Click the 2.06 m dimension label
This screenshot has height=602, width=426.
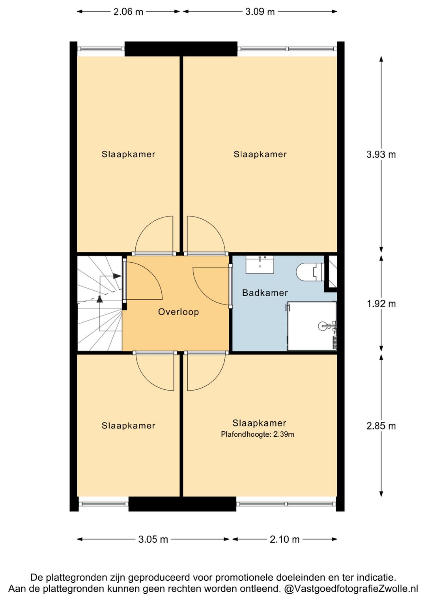[128, 12]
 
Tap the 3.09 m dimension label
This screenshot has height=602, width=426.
[260, 12]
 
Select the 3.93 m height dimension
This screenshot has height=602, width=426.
[381, 154]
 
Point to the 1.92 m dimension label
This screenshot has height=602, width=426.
[381, 304]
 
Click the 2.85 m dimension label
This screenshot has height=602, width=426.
[381, 426]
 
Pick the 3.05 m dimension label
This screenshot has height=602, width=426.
[153, 539]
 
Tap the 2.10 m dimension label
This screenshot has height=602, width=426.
[284, 539]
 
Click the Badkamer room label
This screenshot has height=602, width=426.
[265, 293]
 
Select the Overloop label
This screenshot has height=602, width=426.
[178, 312]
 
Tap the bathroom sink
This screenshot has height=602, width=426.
[260, 264]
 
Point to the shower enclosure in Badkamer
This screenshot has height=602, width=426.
[312, 326]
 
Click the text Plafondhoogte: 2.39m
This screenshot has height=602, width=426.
[258, 435]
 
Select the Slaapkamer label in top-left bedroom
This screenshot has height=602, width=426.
[128, 154]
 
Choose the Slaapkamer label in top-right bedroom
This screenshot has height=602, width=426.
[260, 154]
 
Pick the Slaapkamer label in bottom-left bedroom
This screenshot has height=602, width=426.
[128, 426]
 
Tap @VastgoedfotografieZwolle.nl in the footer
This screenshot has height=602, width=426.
[351, 589]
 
